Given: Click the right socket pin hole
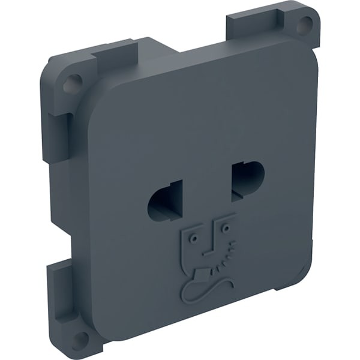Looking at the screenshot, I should [247, 178].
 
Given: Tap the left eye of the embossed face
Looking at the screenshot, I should [194, 238].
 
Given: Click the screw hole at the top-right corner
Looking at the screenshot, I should [304, 25].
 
